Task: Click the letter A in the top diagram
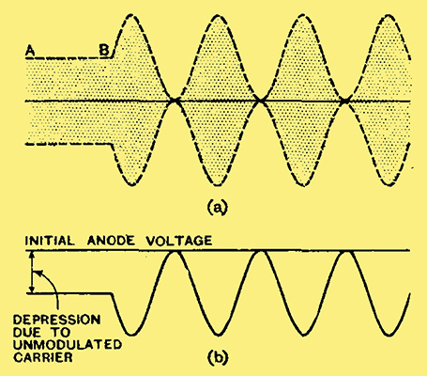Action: (30, 51)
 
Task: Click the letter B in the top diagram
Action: (104, 51)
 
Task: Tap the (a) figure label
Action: (217, 208)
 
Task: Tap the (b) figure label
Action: (217, 357)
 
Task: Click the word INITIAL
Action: (50, 241)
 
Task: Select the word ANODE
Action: (111, 241)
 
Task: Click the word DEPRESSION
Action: (57, 320)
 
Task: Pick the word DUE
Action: (26, 332)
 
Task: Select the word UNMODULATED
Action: (68, 345)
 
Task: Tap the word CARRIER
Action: (43, 357)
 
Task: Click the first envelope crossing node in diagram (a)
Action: (175, 101)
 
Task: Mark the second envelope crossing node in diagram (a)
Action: (260, 101)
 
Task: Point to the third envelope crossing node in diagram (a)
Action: (344, 101)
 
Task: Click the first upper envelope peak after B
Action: (131, 15)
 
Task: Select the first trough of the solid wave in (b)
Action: (131, 335)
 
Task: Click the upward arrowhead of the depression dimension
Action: (31, 255)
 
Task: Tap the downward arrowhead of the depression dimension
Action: (31, 290)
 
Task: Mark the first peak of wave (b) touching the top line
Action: (175, 251)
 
